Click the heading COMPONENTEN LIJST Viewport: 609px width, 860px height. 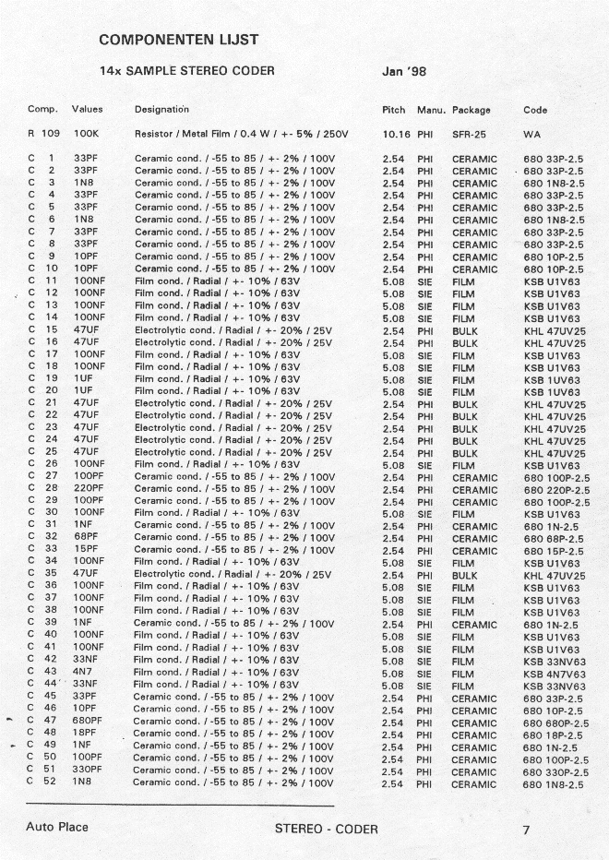point(178,40)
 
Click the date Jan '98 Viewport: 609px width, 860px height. point(403,71)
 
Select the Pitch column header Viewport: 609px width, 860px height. point(393,110)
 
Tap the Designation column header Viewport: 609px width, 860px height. point(161,110)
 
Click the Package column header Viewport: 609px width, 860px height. point(471,110)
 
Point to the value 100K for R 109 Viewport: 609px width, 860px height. point(86,134)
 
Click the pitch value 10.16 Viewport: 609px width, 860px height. point(396,134)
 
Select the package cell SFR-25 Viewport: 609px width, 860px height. point(470,134)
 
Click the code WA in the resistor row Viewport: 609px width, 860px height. point(531,134)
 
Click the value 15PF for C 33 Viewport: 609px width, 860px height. point(86,549)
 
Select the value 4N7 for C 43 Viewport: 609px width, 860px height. point(83,672)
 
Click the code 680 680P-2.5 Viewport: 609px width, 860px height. point(555,723)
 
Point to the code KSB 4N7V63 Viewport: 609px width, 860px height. point(555,672)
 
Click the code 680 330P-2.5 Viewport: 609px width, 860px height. point(555,771)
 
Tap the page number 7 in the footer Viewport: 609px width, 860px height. point(526,830)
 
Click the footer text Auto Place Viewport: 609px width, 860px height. point(57,827)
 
